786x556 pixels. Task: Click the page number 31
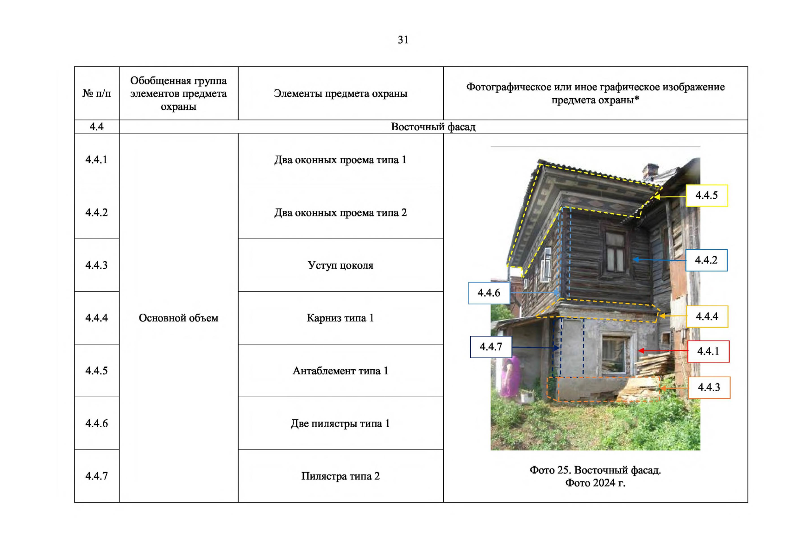pos(403,40)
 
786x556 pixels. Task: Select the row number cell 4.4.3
pos(96,265)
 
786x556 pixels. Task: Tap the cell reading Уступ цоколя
pos(340,265)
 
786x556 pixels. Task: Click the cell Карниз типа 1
pos(340,318)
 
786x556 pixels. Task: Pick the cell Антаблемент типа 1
pos(340,371)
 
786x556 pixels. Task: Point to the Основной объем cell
pos(178,318)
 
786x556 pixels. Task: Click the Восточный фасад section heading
pos(433,127)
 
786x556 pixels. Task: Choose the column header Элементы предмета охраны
pos(340,94)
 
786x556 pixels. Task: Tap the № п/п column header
pos(96,94)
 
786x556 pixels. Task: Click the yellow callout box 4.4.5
pos(706,196)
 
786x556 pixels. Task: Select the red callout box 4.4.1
pos(708,351)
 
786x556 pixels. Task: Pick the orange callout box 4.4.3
pos(709,387)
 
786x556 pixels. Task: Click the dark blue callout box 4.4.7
pos(490,347)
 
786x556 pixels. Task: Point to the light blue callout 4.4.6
pos(489,293)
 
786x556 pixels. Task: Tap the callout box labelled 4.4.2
pos(706,260)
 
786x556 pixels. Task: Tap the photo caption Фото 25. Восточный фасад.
pos(595,470)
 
